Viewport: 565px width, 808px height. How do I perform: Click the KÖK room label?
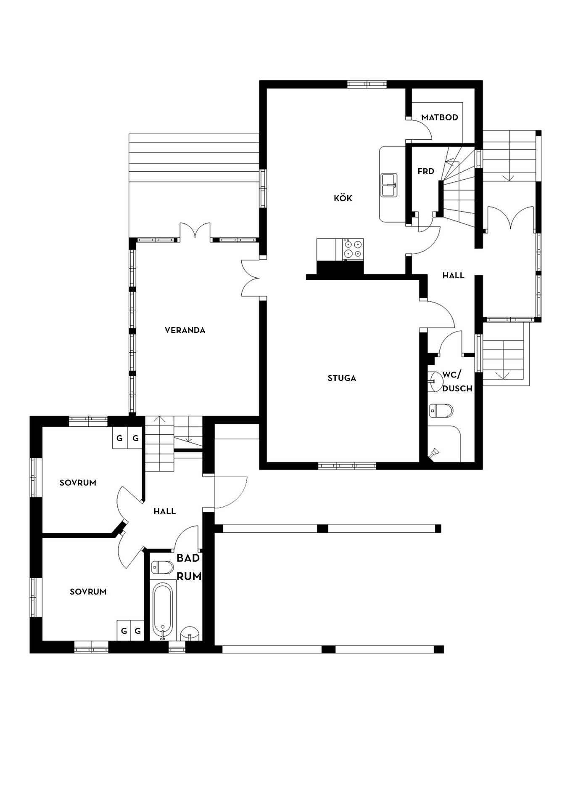click(x=343, y=198)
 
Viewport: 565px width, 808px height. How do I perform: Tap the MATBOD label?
click(x=440, y=117)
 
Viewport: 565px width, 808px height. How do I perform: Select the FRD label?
click(x=426, y=171)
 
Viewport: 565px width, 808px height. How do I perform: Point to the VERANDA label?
click(x=185, y=330)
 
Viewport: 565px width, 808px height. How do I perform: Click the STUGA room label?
click(x=342, y=378)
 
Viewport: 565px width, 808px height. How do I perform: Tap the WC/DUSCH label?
click(x=457, y=381)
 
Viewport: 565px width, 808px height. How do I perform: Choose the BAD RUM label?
click(x=189, y=567)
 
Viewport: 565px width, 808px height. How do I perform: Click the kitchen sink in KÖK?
click(x=389, y=185)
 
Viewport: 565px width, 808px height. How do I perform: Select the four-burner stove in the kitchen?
click(x=353, y=248)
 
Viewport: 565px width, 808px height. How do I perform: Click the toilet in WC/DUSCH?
click(x=441, y=411)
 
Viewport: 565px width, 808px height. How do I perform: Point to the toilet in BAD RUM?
click(x=162, y=567)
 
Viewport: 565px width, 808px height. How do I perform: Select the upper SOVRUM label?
click(x=78, y=483)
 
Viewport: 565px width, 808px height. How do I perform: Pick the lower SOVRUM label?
click(x=88, y=592)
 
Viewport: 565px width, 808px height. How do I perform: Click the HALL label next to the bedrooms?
click(x=164, y=511)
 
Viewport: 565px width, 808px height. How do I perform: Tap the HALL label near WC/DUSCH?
click(x=453, y=276)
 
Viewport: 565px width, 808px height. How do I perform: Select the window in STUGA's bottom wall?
click(x=347, y=466)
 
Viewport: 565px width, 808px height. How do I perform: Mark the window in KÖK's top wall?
click(x=367, y=84)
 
